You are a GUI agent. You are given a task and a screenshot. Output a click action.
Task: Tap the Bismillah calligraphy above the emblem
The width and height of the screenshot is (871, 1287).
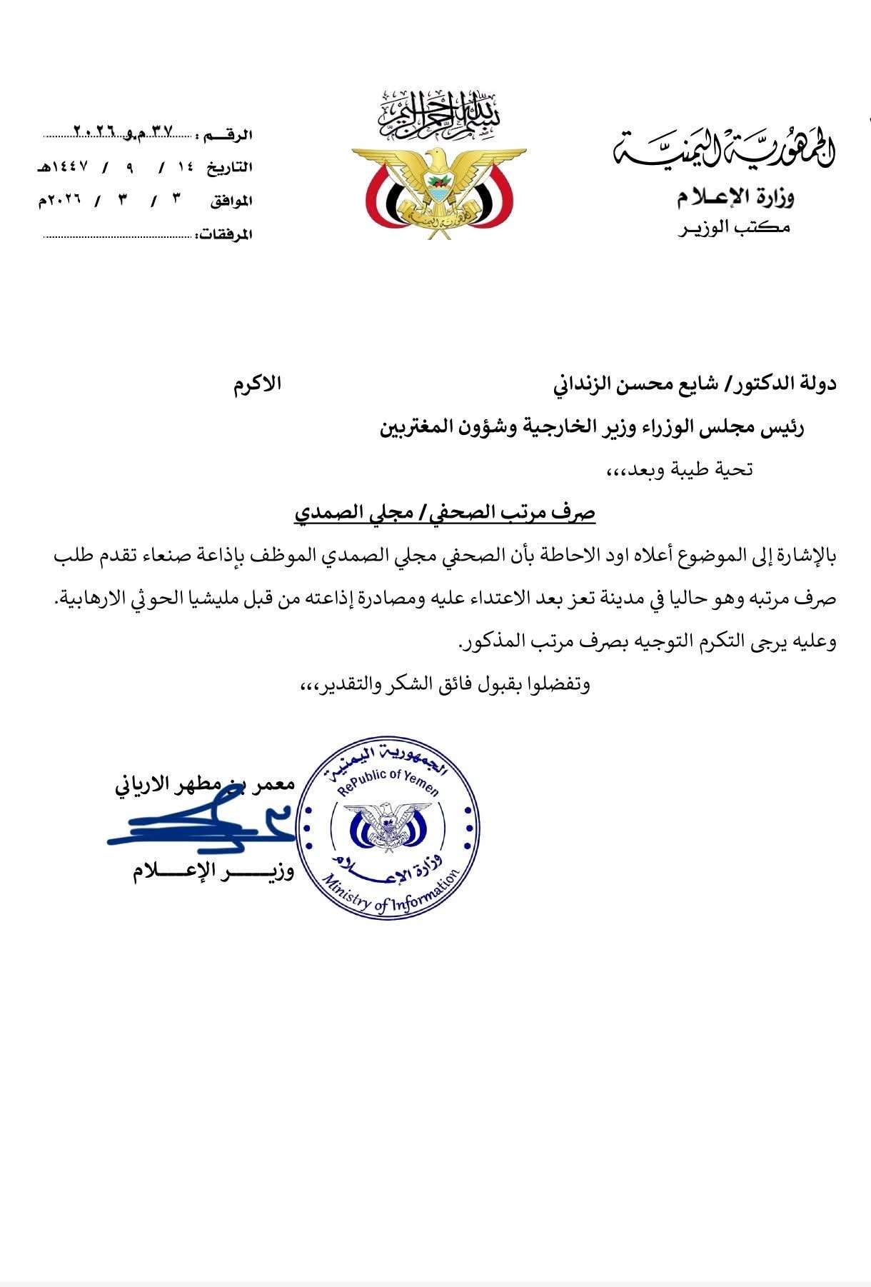point(438,114)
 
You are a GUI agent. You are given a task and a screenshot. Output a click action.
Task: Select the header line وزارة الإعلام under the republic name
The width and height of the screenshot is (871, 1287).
point(735,196)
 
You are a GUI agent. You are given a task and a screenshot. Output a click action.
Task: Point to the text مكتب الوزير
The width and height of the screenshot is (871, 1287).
point(735,228)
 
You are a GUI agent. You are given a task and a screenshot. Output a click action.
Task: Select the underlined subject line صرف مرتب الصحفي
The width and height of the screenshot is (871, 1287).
point(445,513)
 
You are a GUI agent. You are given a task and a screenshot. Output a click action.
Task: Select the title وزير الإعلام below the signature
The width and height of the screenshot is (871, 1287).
point(213,871)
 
